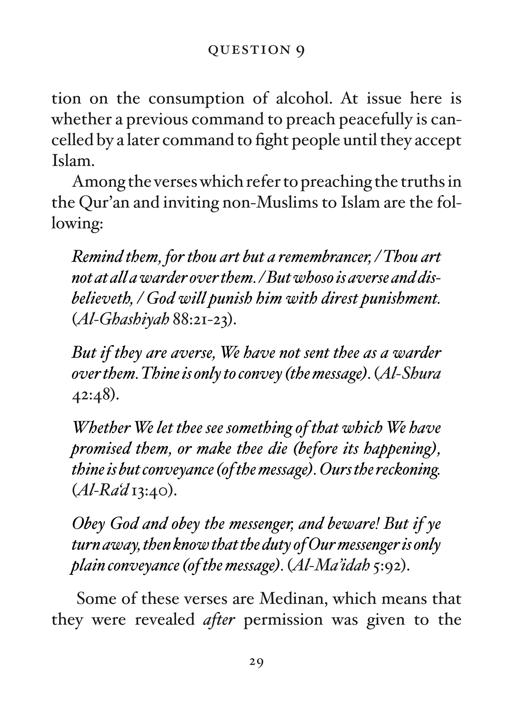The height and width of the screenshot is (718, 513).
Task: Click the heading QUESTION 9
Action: (256, 51)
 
